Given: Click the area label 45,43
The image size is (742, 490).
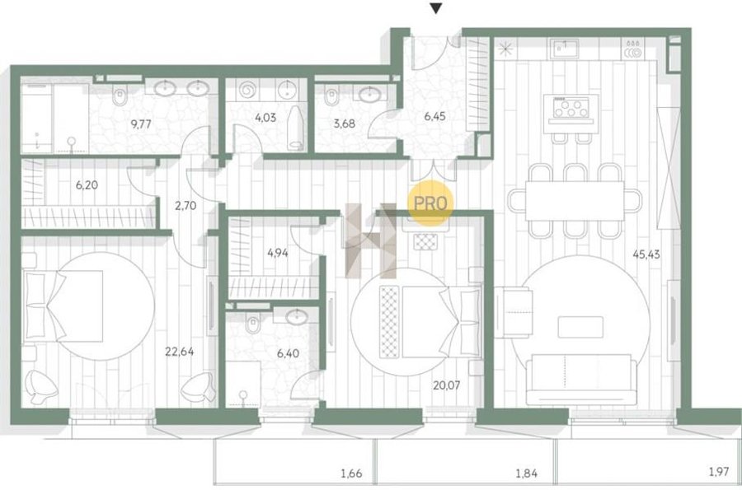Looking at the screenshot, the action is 646,254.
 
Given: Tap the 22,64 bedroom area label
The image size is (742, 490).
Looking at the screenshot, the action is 179,351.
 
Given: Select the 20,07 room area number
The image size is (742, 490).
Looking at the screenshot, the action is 446,385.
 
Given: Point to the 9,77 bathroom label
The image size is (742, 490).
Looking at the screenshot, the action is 140,124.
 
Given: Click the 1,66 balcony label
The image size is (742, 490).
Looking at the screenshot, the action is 351,473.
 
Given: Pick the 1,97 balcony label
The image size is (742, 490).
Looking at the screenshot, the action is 718,471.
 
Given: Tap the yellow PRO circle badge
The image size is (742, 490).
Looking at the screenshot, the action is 430,203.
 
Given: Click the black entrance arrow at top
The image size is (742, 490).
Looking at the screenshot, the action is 436,8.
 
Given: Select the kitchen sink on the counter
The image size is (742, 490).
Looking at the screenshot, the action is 564,49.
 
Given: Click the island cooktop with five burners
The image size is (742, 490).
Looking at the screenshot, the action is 571,107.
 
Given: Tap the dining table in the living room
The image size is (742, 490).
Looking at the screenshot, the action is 575,200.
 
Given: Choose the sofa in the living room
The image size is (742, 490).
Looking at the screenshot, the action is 581,380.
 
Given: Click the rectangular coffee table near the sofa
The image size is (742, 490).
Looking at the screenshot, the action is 580,327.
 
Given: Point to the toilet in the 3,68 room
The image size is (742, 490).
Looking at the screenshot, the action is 331,97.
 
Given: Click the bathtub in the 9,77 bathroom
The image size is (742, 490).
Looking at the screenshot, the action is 54,118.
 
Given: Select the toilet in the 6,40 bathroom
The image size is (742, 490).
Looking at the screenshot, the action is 253,324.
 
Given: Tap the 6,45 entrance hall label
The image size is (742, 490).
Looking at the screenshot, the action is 434,116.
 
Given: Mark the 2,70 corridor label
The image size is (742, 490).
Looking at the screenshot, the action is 185,206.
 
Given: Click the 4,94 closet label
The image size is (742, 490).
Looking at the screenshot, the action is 277,253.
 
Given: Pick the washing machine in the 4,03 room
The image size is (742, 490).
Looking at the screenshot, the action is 248,90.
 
